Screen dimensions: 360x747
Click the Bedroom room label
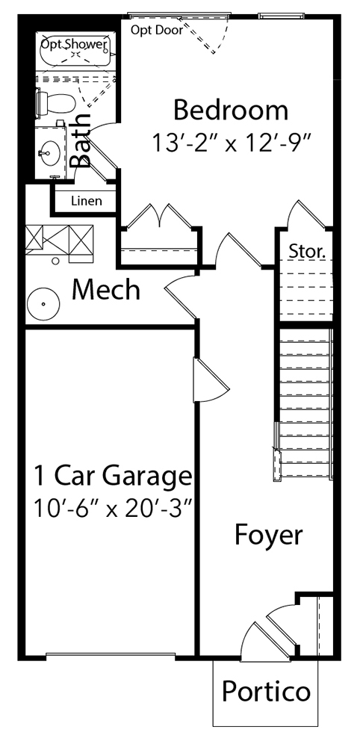[x=231, y=111]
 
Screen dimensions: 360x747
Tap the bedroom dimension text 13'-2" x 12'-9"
[x=232, y=142]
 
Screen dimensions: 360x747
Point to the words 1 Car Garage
[x=113, y=476]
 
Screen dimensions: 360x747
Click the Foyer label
[x=269, y=536]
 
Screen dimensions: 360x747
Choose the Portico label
[x=266, y=691]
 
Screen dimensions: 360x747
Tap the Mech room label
[x=106, y=289]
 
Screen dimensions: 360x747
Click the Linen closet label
[x=86, y=200]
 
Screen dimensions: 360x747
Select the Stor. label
[x=307, y=251]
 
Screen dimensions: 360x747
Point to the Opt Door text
[x=157, y=31]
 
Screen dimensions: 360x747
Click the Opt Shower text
[x=74, y=45]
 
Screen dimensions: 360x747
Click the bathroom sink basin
[x=49, y=153]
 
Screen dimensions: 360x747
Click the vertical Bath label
[x=81, y=140]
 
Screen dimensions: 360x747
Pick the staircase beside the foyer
[x=305, y=403]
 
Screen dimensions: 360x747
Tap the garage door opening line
[x=111, y=654]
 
